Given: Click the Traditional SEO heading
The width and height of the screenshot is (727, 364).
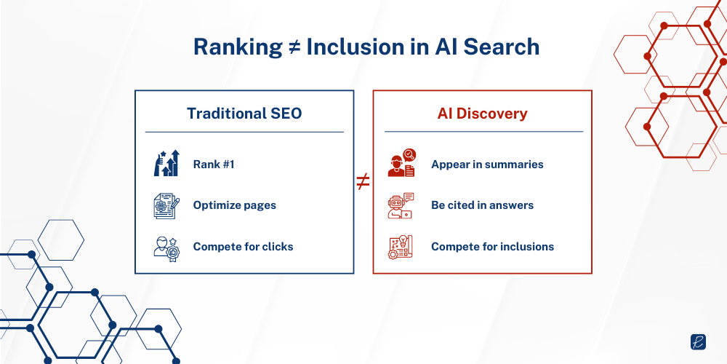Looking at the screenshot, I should coord(244,114).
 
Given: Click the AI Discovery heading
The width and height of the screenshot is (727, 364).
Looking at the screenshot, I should coord(482,114).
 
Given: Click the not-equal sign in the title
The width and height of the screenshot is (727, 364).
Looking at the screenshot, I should coord(294,47).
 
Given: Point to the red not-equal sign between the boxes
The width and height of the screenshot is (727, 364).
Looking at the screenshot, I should coord(363,182).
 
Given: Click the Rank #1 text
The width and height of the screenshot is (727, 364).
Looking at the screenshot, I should coord(214,165).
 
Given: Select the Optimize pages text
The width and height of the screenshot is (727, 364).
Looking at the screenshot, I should coord(234,205).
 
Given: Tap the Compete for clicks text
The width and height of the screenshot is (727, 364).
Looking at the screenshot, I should coord(243,247).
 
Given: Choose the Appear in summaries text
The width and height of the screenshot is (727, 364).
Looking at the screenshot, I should coord(487,165).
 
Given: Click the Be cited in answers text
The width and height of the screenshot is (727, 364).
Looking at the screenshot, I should coord(482,205).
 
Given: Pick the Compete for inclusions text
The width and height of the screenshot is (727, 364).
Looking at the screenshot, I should coord(492,247).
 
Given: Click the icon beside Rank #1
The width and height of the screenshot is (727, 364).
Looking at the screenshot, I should coord(166,164).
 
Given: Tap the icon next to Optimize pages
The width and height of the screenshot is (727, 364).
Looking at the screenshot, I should coord(166,205).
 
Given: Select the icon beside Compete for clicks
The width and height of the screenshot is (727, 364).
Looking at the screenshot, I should coord(166,247).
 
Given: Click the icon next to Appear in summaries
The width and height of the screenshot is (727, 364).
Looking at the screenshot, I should coord(401,164).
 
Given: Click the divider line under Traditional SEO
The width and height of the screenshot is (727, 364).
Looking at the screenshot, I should coord(244,132).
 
